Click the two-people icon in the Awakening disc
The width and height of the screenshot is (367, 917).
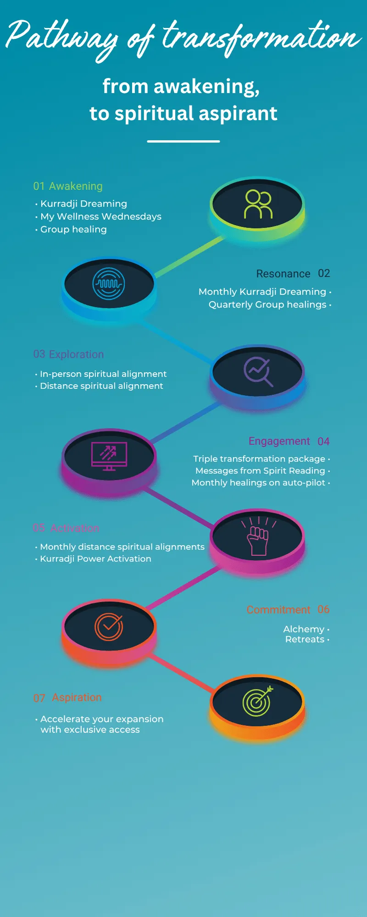click(258, 204)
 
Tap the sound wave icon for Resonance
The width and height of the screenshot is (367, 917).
click(109, 284)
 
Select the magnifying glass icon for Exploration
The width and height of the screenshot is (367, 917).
click(258, 371)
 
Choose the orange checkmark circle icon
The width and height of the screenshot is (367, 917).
click(109, 626)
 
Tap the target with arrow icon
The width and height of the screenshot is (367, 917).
click(258, 702)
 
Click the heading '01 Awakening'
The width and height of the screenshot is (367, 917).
click(68, 186)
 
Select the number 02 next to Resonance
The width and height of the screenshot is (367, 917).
click(324, 273)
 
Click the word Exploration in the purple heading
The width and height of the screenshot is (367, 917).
click(76, 354)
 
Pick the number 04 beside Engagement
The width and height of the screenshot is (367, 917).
click(323, 442)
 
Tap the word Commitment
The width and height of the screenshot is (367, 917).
click(278, 610)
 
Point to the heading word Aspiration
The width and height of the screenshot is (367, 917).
click(77, 697)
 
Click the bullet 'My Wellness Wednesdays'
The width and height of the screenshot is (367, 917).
click(101, 216)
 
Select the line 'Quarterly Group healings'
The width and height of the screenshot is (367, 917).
click(267, 304)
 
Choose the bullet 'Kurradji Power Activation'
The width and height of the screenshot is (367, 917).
click(95, 558)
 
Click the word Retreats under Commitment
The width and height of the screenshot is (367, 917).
click(305, 639)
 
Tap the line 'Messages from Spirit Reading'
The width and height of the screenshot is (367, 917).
click(260, 470)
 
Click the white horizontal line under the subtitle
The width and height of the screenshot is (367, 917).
click(183, 141)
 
